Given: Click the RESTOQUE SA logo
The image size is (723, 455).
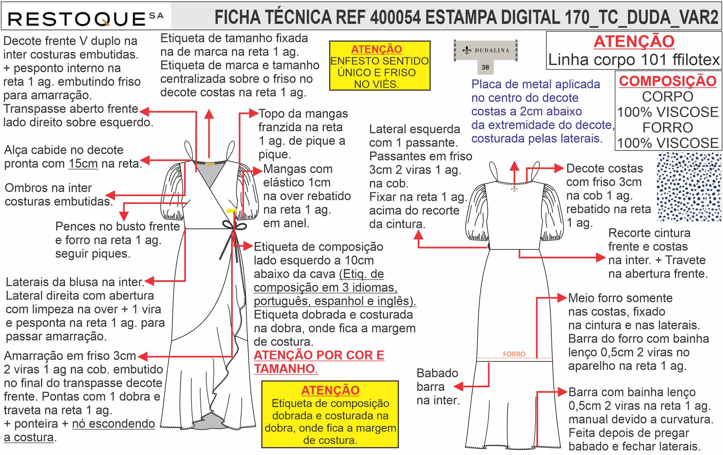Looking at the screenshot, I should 86,19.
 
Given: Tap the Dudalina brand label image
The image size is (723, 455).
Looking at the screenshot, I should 486,50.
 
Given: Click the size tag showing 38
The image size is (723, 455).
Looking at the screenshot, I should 485,67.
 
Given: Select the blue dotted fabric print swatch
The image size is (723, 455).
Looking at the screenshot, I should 689,186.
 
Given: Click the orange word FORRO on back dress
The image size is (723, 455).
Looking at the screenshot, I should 514,354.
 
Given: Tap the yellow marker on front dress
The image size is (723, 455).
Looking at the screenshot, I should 231,211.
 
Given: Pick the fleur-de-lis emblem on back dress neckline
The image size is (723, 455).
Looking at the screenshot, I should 514,189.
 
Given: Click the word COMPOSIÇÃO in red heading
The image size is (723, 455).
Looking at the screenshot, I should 668,81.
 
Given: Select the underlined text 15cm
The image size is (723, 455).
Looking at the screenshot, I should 83,164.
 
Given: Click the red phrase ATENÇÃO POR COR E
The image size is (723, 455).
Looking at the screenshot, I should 319,355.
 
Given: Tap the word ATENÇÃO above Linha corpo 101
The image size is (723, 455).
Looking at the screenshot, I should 634,41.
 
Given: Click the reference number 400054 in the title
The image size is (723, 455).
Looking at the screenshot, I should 396,17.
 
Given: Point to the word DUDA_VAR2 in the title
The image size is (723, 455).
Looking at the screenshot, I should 671,17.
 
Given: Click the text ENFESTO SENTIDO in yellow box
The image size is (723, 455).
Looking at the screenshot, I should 379,61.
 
